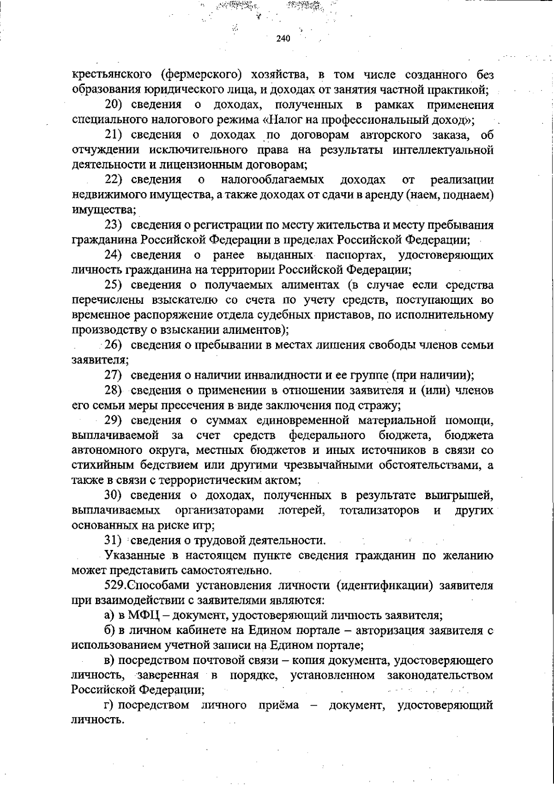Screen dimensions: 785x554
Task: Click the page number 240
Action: (283, 39)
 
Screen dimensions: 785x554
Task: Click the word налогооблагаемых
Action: (272, 180)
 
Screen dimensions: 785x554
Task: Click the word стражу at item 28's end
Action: (382, 405)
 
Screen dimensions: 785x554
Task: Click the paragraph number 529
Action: (114, 586)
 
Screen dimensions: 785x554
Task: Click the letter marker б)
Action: (109, 630)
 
